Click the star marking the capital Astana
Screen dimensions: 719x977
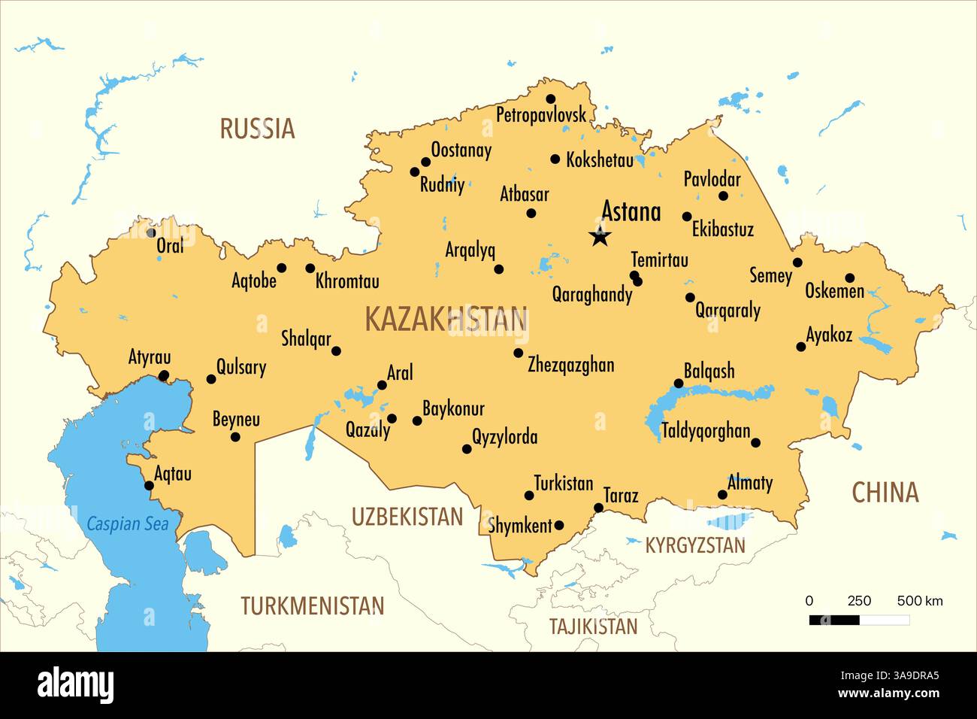tap(600, 237)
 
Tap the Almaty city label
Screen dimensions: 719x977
tap(749, 483)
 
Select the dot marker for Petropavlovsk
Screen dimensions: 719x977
tap(550, 99)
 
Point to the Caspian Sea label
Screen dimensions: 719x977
tap(127, 523)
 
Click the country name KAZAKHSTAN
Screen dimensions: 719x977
tap(446, 320)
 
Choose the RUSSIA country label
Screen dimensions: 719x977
tap(257, 129)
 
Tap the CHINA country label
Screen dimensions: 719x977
tap(885, 493)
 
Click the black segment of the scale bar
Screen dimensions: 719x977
tap(834, 620)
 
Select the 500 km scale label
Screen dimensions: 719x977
tap(920, 601)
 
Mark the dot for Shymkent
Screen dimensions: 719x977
tap(558, 525)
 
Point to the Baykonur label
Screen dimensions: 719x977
tap(453, 409)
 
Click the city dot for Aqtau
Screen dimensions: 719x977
tap(149, 485)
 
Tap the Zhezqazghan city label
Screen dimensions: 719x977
tap(570, 366)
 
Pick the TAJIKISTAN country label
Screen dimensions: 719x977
tap(593, 626)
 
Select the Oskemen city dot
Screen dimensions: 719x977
tap(849, 278)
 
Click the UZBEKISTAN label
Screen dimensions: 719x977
tap(407, 517)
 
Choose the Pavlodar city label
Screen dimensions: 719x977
tap(711, 180)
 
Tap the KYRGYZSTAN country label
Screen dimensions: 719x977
tap(695, 545)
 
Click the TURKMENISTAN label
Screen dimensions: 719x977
tap(312, 605)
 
